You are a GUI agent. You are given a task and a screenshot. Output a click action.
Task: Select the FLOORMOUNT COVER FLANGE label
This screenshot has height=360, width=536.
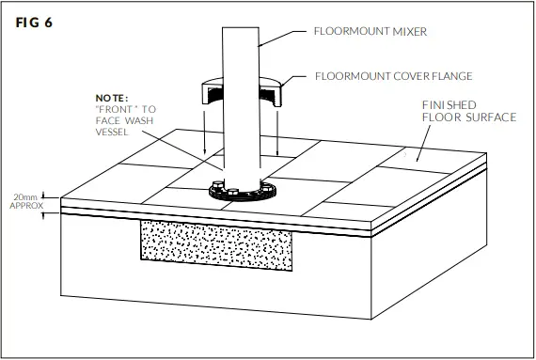pos(392,76)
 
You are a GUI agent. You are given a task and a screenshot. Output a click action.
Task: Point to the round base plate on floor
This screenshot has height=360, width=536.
pos(244,193)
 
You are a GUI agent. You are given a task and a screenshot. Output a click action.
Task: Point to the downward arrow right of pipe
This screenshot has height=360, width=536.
pos(279,132)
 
